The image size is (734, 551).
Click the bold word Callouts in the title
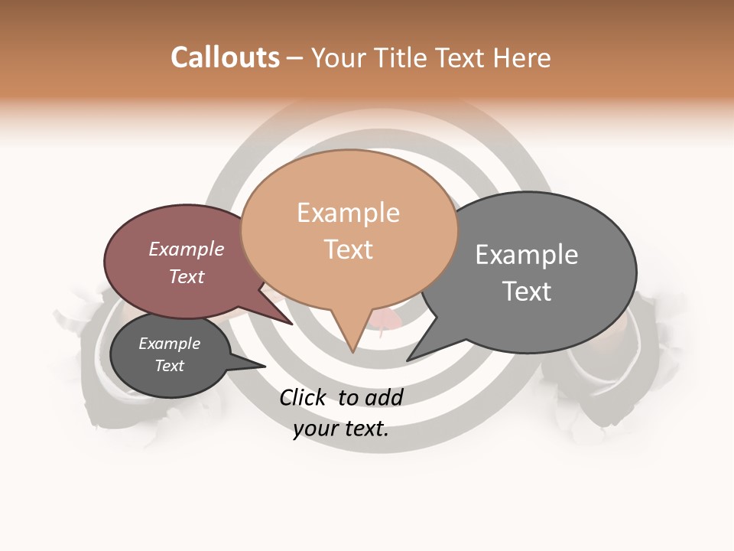tap(225, 57)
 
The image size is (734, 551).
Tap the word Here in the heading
tap(522, 57)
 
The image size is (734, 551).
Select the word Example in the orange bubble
tap(348, 213)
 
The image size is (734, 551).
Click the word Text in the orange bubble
tap(348, 249)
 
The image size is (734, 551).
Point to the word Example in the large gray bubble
tap(526, 255)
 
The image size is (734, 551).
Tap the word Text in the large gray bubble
tap(526, 291)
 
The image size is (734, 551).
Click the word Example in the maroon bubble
tap(186, 249)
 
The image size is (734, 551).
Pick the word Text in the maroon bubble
tap(186, 276)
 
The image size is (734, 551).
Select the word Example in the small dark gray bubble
tap(169, 344)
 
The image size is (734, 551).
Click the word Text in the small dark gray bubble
tap(169, 366)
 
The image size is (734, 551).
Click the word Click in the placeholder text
tap(302, 397)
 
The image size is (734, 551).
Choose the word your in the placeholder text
tap(315, 429)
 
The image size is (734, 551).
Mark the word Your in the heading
tap(340, 57)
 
